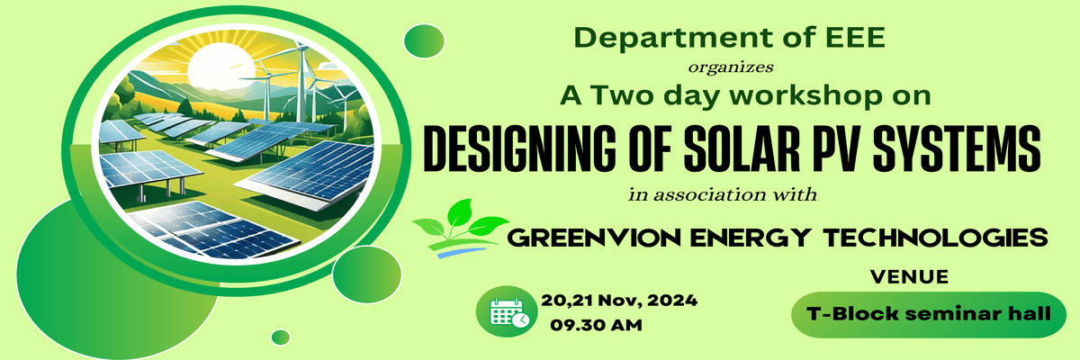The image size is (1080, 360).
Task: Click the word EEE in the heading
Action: (x=855, y=38)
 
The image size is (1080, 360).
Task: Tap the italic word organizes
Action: (x=731, y=67)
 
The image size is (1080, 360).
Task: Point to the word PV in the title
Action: (x=839, y=148)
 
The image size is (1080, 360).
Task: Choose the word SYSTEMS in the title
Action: (x=957, y=148)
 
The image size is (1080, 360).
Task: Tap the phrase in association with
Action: (x=722, y=194)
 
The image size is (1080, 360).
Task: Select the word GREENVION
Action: (x=594, y=238)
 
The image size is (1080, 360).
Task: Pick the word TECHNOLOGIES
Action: (x=935, y=238)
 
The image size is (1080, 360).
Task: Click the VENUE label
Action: (x=909, y=277)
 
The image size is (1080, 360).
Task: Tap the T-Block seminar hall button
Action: (x=929, y=315)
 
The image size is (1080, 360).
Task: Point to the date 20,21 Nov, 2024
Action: (x=619, y=301)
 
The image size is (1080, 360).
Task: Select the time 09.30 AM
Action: (x=596, y=325)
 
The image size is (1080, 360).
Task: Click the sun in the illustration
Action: (x=220, y=65)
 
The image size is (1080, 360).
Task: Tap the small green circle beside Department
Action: (x=424, y=41)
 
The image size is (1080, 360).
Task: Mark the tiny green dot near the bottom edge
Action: (x=281, y=337)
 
